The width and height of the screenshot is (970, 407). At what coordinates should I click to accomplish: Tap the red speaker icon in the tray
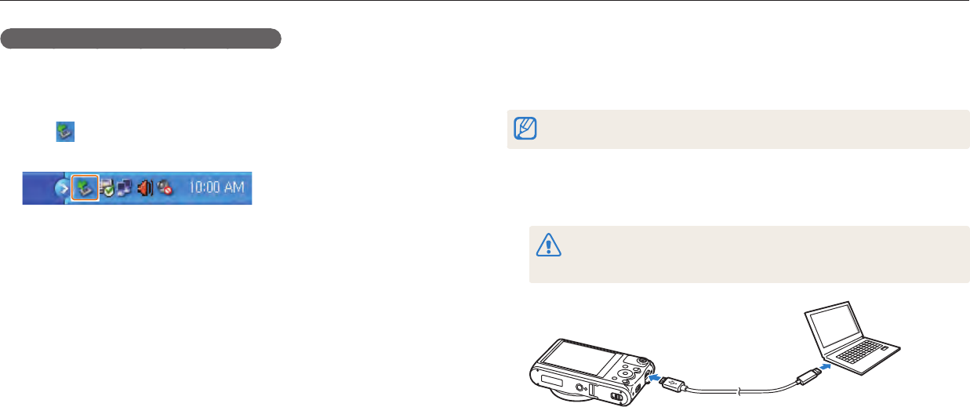tap(144, 188)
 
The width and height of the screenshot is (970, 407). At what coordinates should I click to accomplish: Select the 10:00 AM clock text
tap(216, 188)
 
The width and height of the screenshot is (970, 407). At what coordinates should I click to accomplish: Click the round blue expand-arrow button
tap(61, 189)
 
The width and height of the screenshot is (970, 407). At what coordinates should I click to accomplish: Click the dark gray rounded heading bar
tap(141, 39)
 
